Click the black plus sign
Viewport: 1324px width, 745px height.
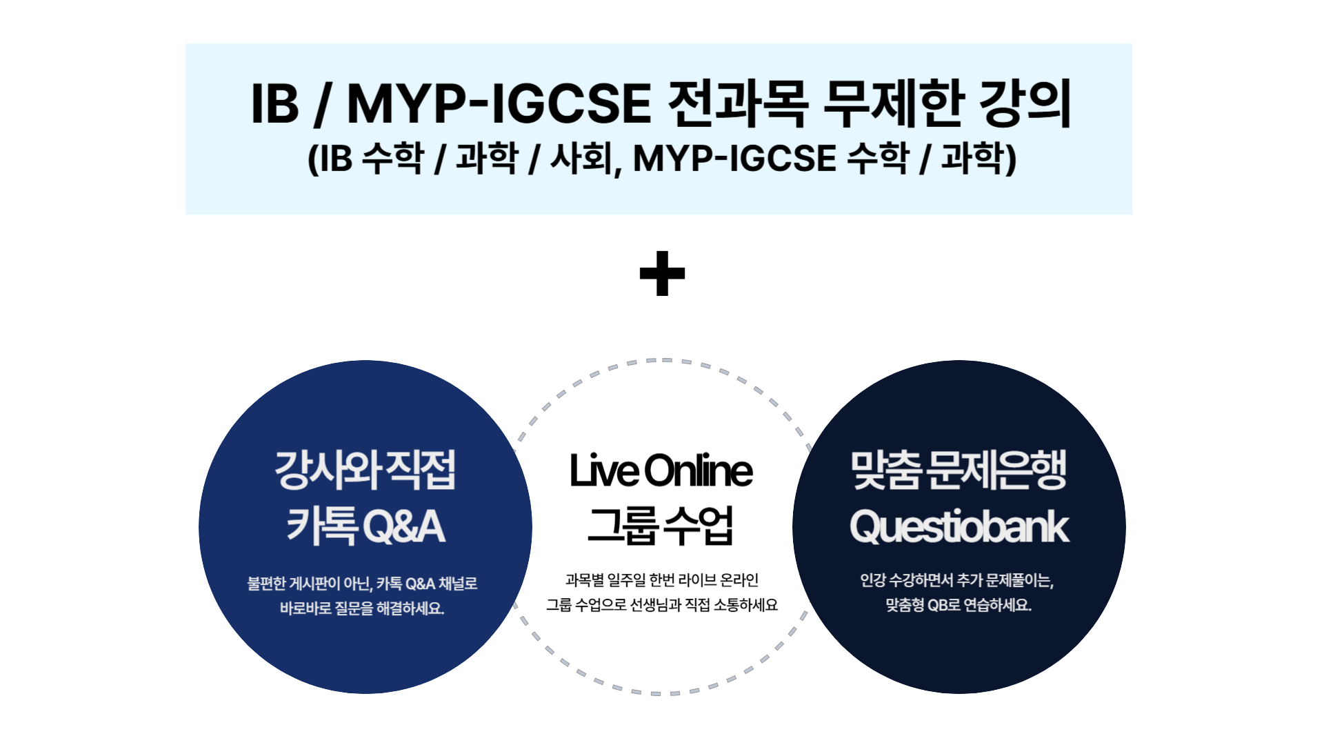[x=662, y=273]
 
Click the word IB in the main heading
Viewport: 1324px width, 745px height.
[x=275, y=103]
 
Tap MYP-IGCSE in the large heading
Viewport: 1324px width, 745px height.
[x=499, y=103]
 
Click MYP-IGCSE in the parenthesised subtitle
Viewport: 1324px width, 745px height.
[x=734, y=158]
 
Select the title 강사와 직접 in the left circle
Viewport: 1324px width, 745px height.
[x=365, y=470]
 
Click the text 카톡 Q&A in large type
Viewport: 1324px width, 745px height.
[x=365, y=526]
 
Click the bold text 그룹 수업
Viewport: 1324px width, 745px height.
[x=661, y=526]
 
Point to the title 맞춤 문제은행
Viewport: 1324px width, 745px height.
[x=959, y=470]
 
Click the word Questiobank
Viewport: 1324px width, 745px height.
[x=959, y=528]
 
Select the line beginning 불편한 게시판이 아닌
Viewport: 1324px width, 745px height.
[x=363, y=584]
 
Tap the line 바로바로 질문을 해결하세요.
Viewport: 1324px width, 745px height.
[x=362, y=608]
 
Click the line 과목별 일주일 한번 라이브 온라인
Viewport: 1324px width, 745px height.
[x=662, y=580]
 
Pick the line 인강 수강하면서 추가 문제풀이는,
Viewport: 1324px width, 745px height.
[x=957, y=580]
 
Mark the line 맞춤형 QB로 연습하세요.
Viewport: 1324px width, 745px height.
[x=959, y=605]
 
